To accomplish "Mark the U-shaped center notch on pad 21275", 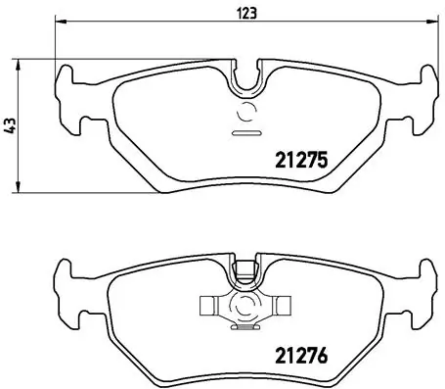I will [245, 76].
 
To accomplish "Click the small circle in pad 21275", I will [245, 110].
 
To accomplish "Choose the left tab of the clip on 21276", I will [207, 305].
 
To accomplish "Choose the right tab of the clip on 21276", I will [283, 305].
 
